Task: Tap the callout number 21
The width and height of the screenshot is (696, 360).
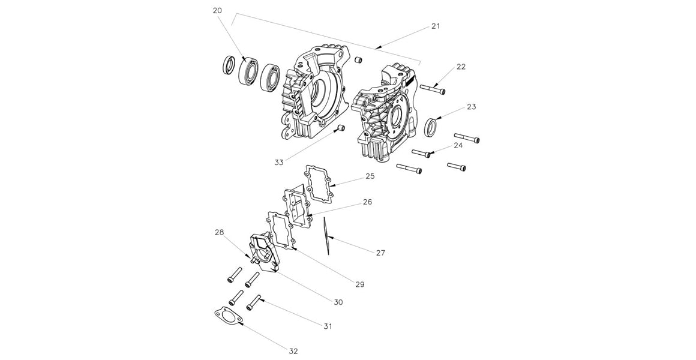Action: [x=436, y=26]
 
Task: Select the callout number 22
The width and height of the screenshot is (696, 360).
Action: [x=461, y=67]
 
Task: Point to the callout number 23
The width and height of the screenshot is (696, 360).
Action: [x=471, y=107]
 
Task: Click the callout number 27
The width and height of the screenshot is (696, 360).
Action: [x=380, y=253]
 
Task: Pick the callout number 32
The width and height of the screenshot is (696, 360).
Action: [x=293, y=351]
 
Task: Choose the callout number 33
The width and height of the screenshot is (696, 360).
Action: [x=278, y=162]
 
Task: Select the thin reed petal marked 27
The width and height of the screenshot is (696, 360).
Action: [x=326, y=238]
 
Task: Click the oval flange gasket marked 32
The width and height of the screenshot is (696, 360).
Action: [x=227, y=316]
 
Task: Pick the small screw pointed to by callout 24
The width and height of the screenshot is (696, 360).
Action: [x=423, y=153]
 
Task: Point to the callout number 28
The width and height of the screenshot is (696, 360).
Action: [x=220, y=232]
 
